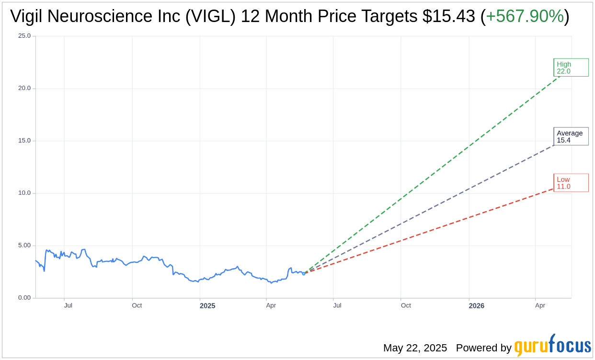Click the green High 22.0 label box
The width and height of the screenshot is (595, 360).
tap(571, 67)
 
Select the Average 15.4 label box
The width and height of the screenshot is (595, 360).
tap(571, 136)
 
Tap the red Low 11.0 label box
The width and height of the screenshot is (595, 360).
tap(571, 183)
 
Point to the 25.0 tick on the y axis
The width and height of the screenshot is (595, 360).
tap(24, 36)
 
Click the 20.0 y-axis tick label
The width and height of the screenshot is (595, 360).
tap(24, 88)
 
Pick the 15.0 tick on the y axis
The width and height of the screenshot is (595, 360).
tap(24, 141)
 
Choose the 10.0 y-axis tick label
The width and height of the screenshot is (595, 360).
tap(24, 193)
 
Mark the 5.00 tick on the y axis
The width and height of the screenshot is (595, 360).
tap(24, 246)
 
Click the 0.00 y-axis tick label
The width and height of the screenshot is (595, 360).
tap(24, 298)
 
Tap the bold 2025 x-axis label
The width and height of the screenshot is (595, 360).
tap(207, 306)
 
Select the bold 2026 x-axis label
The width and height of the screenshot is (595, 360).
tap(476, 306)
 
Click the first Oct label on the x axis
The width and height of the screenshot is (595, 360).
tap(137, 305)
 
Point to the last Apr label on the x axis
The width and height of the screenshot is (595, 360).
tap(540, 305)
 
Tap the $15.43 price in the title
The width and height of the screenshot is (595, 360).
tap(449, 16)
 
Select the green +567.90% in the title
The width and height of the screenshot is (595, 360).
tap(525, 16)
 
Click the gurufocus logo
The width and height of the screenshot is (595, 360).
tap(552, 346)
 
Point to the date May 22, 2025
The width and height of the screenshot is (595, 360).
tap(415, 348)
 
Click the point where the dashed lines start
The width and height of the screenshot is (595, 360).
tap(304, 273)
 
